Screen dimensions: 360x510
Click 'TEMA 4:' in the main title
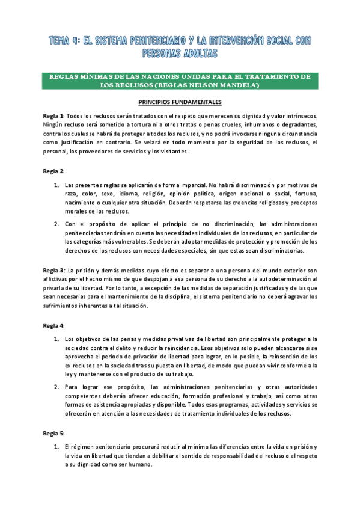pyautogui.click(x=66, y=40)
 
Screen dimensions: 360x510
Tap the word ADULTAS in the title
pyautogui.click(x=197, y=53)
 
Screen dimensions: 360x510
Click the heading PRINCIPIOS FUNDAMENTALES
pyautogui.click(x=180, y=102)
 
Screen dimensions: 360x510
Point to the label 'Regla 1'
pyautogui.click(x=53, y=115)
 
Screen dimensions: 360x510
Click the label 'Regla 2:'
pyautogui.click(x=54, y=171)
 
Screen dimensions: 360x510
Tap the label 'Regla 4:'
pyautogui.click(x=54, y=325)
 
